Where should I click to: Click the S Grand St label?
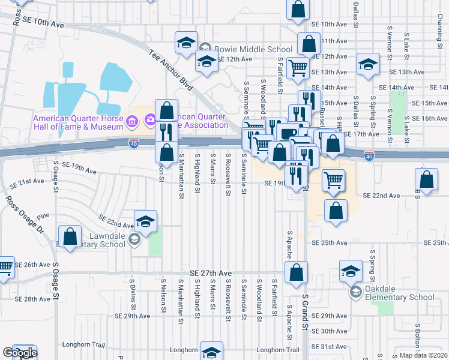tap(306, 313)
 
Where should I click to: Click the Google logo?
tap(19, 353)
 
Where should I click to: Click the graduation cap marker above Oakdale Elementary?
tap(351, 271)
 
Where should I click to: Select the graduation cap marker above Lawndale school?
tap(145, 222)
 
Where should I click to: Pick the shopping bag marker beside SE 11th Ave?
tap(308, 44)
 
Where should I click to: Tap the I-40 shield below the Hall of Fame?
tap(133, 143)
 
